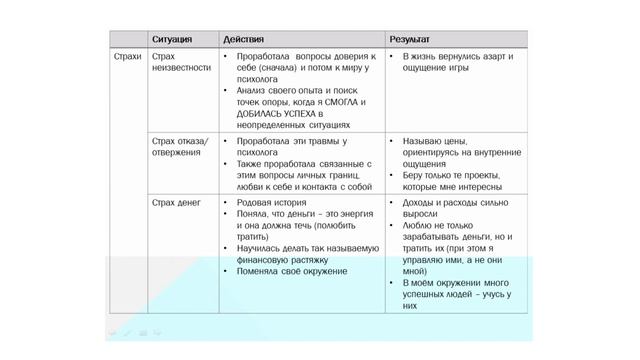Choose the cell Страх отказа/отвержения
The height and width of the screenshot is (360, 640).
pyautogui.click(x=180, y=148)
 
